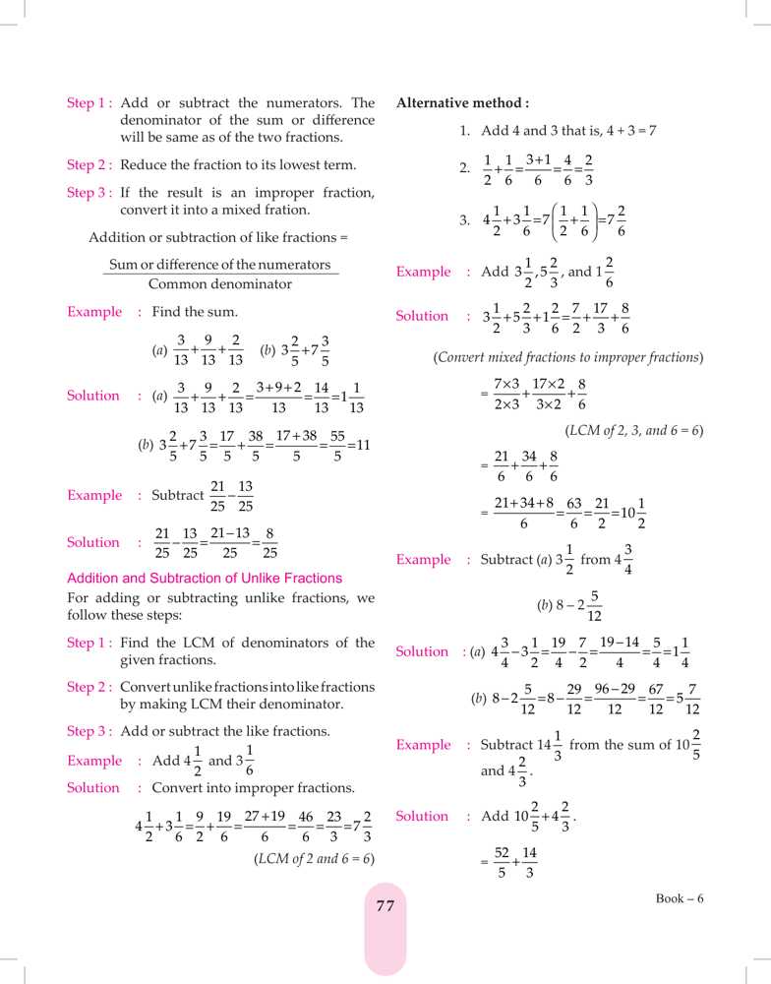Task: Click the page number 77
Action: tap(385, 906)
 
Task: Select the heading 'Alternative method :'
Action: tap(462, 102)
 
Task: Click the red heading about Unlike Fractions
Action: tap(204, 578)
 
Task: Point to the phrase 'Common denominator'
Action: tap(219, 284)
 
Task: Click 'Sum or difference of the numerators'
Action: tap(219, 265)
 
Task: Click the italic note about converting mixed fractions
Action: tap(567, 356)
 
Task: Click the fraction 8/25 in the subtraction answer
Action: tap(269, 543)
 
